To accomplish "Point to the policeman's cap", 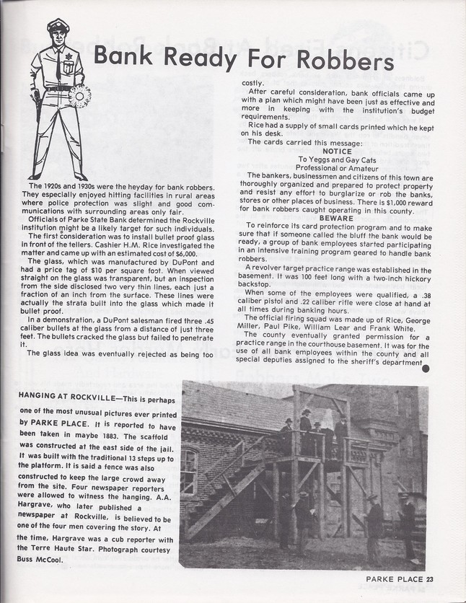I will pos(57,28).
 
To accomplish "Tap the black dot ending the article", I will pos(426,369).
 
